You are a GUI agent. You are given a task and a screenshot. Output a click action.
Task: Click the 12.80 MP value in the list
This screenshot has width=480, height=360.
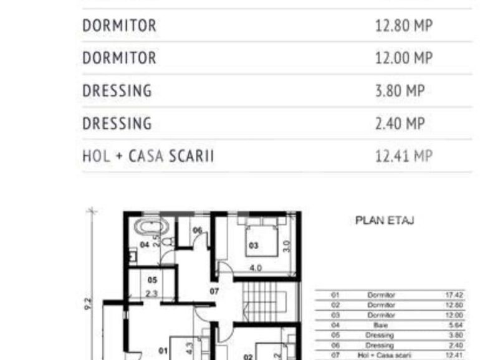(403, 26)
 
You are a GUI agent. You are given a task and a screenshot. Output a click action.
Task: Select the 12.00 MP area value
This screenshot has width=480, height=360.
(403, 58)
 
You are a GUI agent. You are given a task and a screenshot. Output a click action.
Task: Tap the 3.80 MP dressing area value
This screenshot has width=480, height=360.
(400, 91)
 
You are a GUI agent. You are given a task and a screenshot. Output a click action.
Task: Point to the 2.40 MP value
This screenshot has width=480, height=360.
(400, 123)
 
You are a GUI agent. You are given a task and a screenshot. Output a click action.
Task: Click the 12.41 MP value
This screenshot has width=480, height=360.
(403, 156)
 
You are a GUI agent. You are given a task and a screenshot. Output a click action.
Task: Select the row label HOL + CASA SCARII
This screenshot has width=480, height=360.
(148, 156)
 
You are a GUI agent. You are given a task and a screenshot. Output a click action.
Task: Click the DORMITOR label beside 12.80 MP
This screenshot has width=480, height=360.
(119, 26)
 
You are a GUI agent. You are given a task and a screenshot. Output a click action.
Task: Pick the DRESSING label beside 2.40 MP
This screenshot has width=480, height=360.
(117, 123)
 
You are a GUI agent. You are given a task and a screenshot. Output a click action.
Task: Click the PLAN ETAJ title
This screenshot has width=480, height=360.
(385, 220)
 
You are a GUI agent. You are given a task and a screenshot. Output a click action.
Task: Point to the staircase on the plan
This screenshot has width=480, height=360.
(262, 301)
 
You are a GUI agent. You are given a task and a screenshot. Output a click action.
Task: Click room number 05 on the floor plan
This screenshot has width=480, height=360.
(151, 281)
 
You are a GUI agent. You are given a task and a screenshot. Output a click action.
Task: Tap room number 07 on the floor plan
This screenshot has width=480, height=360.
(214, 291)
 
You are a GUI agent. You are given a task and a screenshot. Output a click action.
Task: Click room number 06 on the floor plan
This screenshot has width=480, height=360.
(197, 231)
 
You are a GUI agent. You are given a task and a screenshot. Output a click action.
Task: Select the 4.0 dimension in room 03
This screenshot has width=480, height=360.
(256, 268)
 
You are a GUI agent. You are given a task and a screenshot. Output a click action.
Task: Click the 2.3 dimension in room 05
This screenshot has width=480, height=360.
(151, 293)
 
